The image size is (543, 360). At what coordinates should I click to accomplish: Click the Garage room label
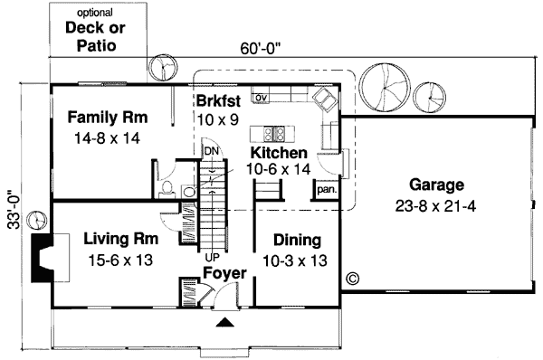435,184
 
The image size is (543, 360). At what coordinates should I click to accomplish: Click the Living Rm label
121,240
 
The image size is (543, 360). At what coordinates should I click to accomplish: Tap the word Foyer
224,271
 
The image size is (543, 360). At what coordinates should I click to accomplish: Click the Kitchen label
280,154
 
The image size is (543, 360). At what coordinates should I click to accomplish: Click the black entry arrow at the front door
224,320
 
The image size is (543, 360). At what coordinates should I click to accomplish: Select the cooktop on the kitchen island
279,133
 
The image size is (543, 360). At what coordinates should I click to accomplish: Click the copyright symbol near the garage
352,279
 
